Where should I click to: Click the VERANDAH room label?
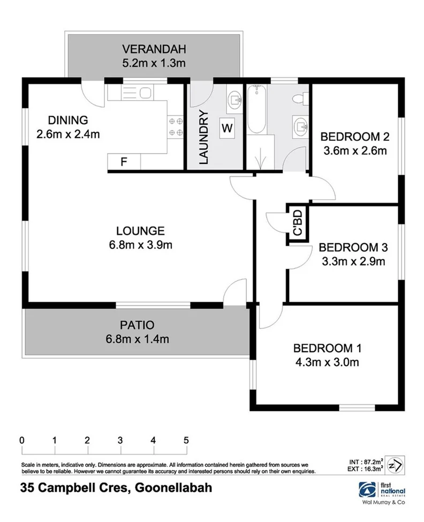[153, 50]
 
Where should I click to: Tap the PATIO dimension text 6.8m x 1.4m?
[138, 338]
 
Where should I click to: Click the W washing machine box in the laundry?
[227, 128]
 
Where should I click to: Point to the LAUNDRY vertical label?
[203, 137]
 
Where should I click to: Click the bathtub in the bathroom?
[257, 110]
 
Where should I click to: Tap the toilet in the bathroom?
[303, 98]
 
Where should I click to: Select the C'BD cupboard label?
[298, 224]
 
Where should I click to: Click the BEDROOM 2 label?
[355, 137]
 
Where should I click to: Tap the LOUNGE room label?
[140, 231]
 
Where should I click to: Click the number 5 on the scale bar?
[186, 440]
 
